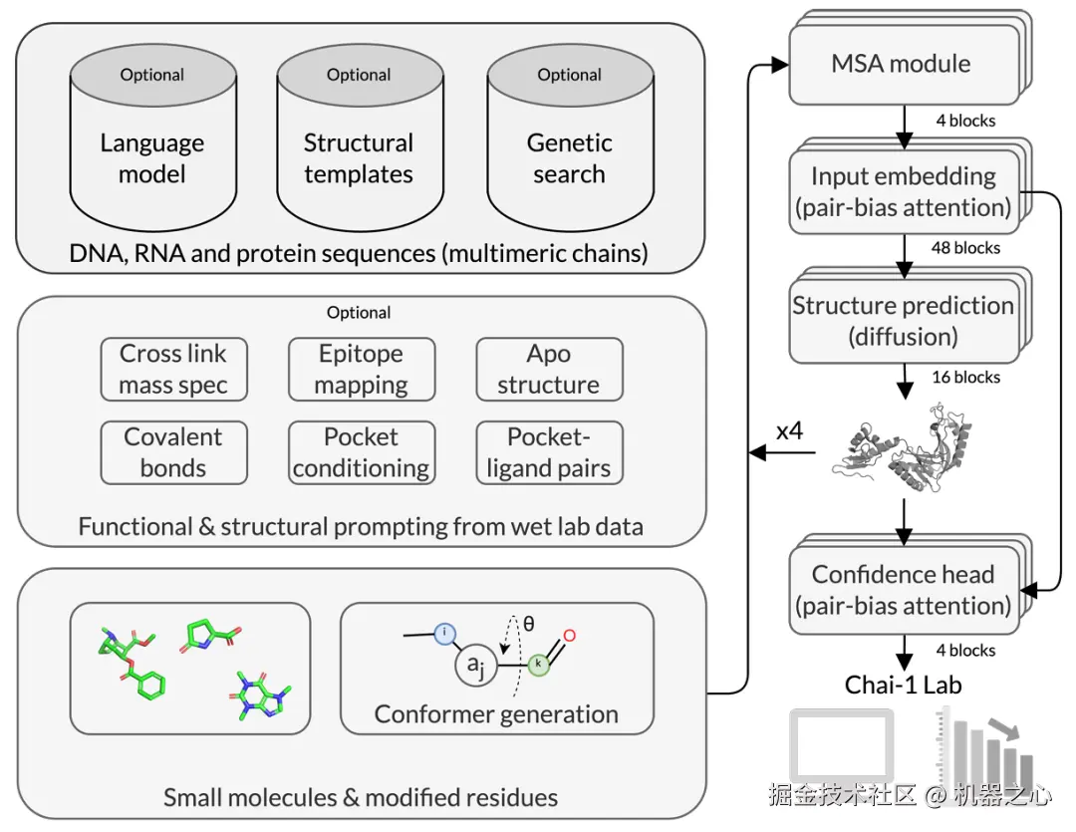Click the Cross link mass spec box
tap(173, 370)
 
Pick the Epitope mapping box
tap(361, 370)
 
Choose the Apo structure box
tap(549, 370)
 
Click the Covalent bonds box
tap(173, 452)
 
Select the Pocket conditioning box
tap(361, 452)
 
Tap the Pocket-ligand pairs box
tap(549, 452)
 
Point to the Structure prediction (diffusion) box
tap(903, 321)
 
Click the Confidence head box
tap(903, 590)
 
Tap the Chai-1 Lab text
tap(903, 685)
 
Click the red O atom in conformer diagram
tap(569, 636)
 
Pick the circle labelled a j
tap(476, 665)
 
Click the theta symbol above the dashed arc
tap(528, 624)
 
